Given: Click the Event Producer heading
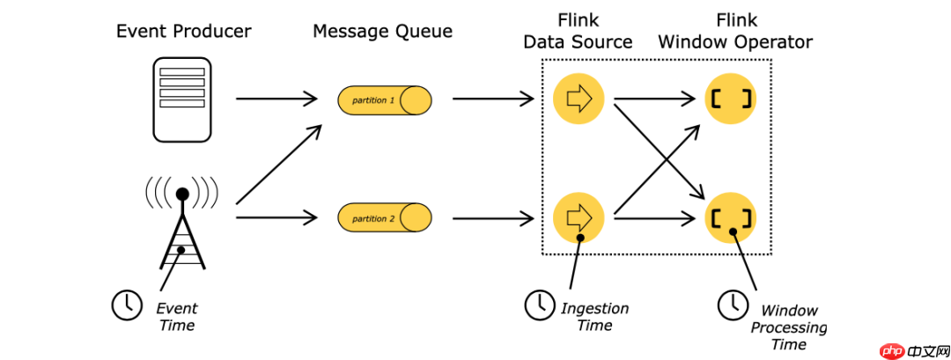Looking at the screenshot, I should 184,32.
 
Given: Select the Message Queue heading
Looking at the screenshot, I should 382,32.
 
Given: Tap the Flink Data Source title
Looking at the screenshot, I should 578,31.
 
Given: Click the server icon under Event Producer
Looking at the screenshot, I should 182,99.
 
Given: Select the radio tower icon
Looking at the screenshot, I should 182,224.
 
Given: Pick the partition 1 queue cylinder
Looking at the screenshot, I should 385,100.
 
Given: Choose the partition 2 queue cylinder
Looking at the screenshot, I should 385,217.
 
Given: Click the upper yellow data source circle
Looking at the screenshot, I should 579,99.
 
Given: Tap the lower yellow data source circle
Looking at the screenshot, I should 579,217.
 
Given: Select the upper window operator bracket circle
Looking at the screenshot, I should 731,99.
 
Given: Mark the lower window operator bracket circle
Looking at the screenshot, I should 731,217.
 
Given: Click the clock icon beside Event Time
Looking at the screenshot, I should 126,305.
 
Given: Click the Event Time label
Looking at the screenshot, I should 177,317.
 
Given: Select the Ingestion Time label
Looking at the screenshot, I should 595,316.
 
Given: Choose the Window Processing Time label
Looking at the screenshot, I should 789,327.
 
